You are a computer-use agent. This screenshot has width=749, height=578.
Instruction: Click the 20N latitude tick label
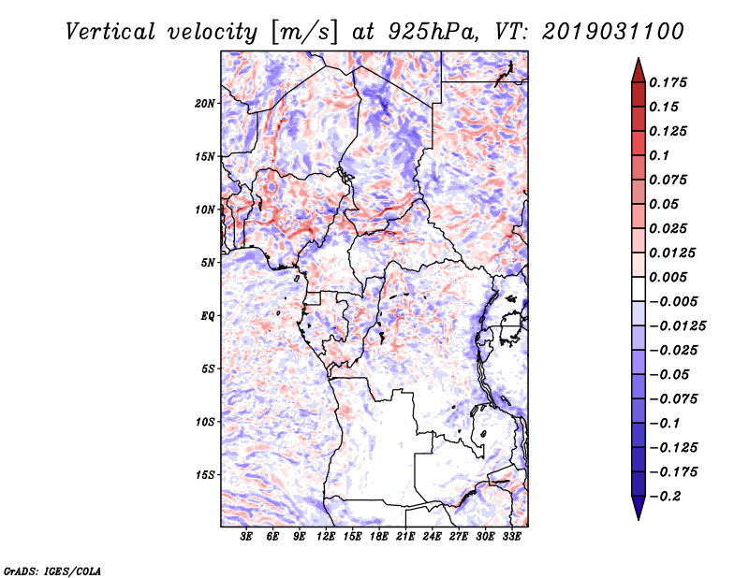[205, 103]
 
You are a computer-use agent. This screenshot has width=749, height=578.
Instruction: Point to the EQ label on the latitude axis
[208, 315]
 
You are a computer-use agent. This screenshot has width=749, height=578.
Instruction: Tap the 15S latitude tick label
[205, 475]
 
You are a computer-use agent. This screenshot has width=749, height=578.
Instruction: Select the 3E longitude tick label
[246, 537]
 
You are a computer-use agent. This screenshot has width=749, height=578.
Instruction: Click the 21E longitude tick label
[405, 537]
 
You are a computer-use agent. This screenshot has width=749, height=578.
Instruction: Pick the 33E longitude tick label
[511, 537]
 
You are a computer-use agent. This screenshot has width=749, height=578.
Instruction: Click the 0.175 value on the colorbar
[668, 82]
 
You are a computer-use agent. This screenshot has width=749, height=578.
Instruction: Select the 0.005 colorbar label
[668, 277]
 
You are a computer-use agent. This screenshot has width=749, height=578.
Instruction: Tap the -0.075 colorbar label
[673, 399]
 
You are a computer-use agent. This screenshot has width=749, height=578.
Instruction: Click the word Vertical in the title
[110, 32]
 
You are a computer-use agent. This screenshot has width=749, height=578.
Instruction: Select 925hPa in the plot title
[433, 32]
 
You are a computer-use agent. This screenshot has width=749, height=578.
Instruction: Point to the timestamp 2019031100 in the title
[613, 32]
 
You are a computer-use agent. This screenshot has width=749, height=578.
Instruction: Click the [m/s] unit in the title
[304, 33]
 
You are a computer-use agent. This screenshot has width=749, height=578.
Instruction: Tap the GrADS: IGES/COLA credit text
[52, 571]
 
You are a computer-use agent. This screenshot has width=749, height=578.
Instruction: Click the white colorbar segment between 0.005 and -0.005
[639, 289]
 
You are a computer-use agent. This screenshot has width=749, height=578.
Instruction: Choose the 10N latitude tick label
[205, 210]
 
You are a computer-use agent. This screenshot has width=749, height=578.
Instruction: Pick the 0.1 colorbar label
[659, 155]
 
